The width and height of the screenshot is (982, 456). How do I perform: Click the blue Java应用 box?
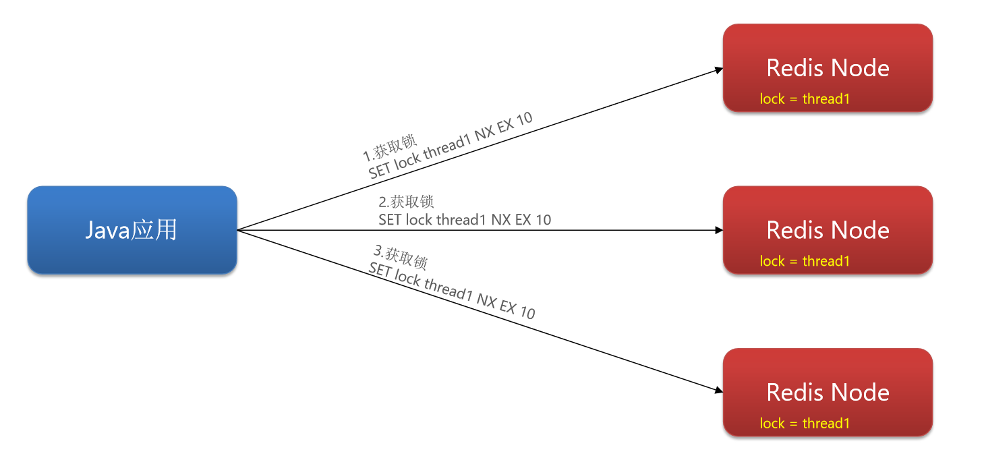coord(132,230)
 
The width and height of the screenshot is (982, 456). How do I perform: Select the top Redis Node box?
coord(828,67)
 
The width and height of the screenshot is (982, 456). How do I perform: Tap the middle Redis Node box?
coord(828,230)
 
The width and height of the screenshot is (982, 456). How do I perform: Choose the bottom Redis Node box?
coord(828,392)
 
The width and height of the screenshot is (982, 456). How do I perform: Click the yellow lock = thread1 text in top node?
coord(805,98)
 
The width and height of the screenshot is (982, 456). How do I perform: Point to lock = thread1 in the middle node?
coord(805,261)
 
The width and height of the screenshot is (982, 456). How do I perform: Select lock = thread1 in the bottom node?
coord(805,423)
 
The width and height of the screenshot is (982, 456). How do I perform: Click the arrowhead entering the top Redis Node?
coord(719,69)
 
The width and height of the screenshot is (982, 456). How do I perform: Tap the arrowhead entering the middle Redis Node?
coord(719,230)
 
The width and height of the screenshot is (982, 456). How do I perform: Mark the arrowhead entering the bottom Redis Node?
coord(719,390)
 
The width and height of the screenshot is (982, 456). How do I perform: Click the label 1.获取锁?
coord(390,148)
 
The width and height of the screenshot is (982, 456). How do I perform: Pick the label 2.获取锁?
coord(406,202)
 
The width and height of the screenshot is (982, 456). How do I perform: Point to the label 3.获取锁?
coord(400,257)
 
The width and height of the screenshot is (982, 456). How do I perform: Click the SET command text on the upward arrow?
coord(451,145)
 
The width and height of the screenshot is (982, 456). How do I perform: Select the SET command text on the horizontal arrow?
coord(465,220)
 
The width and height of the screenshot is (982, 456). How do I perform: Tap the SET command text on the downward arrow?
coord(452,291)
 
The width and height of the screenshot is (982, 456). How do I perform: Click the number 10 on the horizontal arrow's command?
coord(543,220)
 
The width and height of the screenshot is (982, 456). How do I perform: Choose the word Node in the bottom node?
coord(860,392)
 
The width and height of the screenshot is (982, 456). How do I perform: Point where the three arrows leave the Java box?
coord(237,230)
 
